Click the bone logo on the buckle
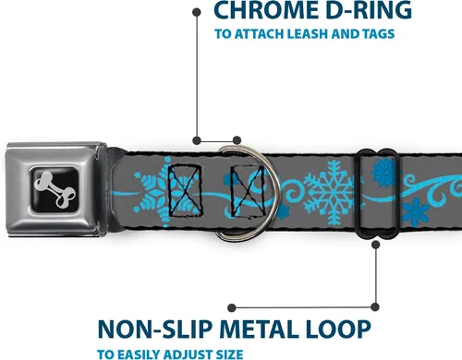point(55,189)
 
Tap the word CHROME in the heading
point(266,10)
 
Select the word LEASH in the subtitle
point(309,34)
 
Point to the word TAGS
point(379,34)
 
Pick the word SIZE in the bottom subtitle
point(228,354)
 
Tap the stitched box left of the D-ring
point(185,190)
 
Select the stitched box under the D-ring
point(249,190)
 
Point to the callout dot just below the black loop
point(375,245)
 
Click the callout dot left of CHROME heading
point(197,12)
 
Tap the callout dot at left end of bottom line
point(232,307)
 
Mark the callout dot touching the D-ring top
point(237,140)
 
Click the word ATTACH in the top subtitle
point(259,34)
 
